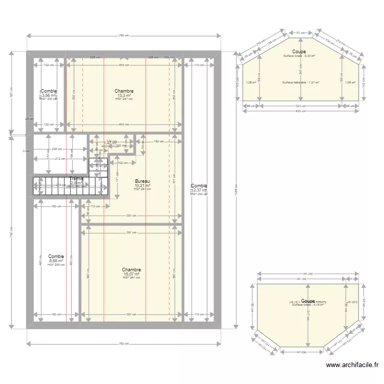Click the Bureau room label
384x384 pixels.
tap(142, 181)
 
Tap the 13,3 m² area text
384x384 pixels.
tap(124, 95)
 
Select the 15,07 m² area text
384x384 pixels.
tap(132, 274)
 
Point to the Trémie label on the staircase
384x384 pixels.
tap(76, 179)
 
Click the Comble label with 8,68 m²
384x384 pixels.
tap(56, 257)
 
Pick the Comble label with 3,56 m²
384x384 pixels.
tap(49, 91)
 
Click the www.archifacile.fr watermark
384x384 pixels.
tap(352, 365)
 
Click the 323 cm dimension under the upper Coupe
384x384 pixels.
tap(301, 106)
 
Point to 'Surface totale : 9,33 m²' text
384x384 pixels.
tap(299, 56)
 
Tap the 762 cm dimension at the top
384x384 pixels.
tap(124, 35)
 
